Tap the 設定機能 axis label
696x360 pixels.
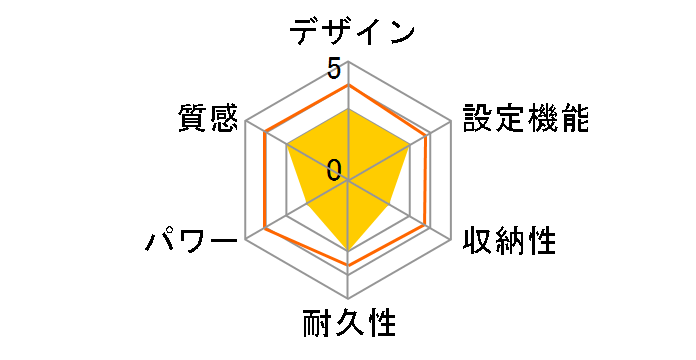(525, 117)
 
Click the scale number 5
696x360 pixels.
(333, 69)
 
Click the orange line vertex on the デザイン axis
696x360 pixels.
(348, 85)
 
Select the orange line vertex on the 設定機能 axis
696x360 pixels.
(429, 134)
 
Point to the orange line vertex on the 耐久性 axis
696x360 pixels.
(348, 266)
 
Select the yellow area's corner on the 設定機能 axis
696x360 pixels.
(411, 145)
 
